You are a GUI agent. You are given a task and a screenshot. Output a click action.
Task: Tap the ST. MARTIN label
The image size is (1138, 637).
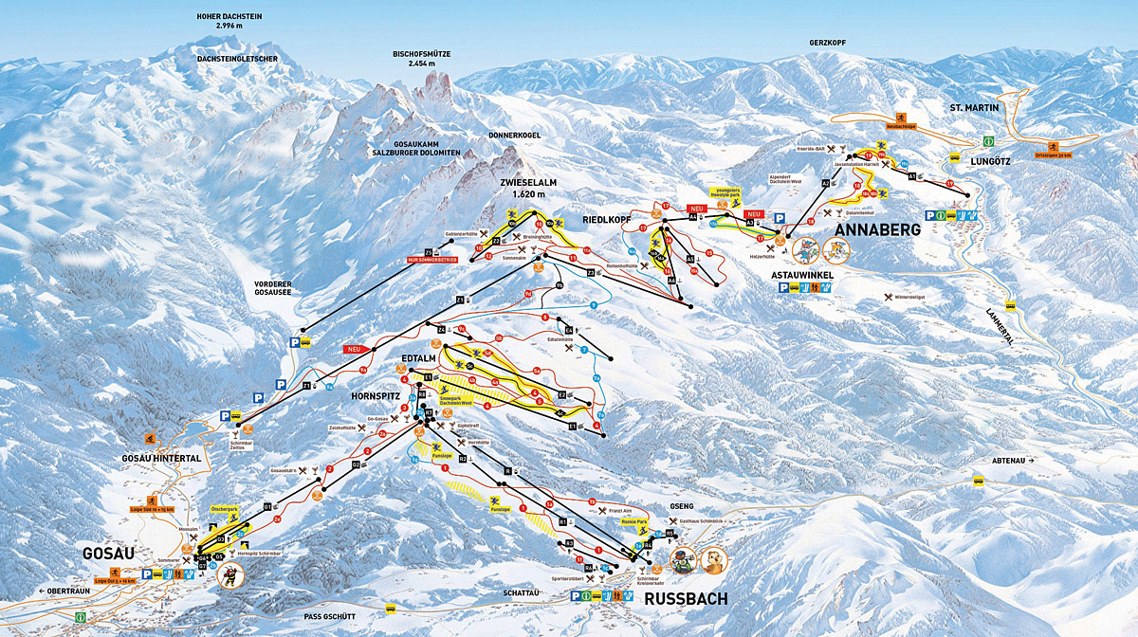(x=974, y=108)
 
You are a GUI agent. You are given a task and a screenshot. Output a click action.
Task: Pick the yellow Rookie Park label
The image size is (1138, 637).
(x=633, y=521)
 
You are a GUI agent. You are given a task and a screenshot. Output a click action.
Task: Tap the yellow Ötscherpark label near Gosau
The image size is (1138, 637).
(x=225, y=510)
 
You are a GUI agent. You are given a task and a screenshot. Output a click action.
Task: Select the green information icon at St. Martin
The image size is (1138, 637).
(x=987, y=140)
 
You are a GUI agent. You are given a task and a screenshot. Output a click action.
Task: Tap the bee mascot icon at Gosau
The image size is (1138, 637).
(x=231, y=573)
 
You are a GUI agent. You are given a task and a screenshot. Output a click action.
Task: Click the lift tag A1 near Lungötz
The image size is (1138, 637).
(x=911, y=176)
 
